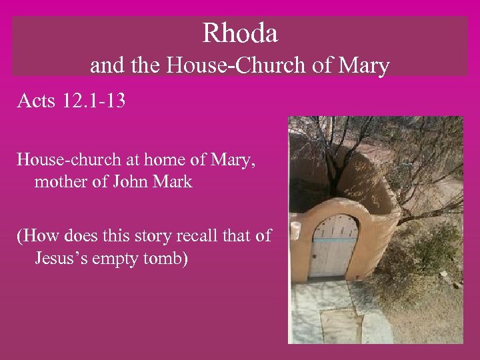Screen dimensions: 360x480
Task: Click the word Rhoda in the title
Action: (240, 32)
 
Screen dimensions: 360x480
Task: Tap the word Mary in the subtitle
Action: (364, 67)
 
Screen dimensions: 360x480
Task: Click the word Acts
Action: (37, 102)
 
